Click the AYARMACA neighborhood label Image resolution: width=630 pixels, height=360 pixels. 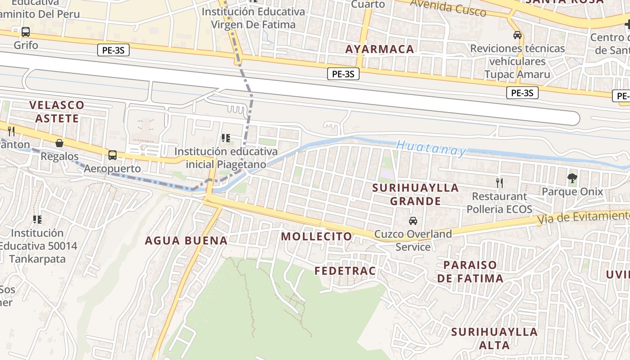pyautogui.click(x=379, y=49)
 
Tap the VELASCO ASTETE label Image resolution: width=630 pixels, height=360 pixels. pyautogui.click(x=57, y=112)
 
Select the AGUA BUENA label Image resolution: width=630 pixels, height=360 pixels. pyautogui.click(x=186, y=240)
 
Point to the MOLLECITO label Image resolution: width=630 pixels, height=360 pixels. pyautogui.click(x=317, y=236)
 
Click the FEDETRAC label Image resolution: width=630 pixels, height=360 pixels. pyautogui.click(x=345, y=270)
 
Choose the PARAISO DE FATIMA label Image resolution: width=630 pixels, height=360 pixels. pyautogui.click(x=470, y=271)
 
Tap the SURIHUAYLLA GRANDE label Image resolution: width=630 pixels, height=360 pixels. pyautogui.click(x=415, y=194)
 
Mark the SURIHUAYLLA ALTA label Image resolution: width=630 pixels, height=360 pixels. pyautogui.click(x=494, y=338)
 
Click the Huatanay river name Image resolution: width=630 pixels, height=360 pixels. pyautogui.click(x=431, y=148)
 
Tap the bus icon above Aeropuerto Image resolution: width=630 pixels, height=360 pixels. pyautogui.click(x=112, y=155)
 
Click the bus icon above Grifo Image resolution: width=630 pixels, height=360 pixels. pyautogui.click(x=26, y=32)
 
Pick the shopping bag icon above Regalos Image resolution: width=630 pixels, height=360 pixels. pyautogui.click(x=59, y=143)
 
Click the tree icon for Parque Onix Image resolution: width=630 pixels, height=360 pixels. pyautogui.click(x=572, y=178)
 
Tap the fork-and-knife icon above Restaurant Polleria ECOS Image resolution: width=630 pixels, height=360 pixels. pyautogui.click(x=499, y=183)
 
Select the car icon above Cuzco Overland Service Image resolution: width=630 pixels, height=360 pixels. pyautogui.click(x=413, y=221)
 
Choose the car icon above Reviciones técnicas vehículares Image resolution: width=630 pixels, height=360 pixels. pyautogui.click(x=517, y=35)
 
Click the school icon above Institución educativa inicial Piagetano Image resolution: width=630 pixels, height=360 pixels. pyautogui.click(x=226, y=138)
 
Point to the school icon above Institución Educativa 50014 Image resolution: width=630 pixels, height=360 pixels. pyautogui.click(x=37, y=220)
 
